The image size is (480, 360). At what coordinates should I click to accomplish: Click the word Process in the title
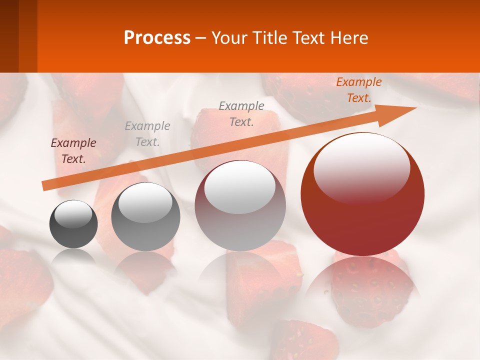point(157,38)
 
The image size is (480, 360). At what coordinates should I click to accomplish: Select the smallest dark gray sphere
point(73,230)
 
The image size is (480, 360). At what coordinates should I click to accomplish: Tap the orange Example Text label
point(359,90)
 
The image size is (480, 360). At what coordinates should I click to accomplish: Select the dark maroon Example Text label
point(73,151)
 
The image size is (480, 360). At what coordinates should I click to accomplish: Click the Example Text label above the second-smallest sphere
point(147,134)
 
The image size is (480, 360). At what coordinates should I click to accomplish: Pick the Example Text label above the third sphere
point(241,113)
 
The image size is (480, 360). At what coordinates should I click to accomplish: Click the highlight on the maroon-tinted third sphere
point(240,187)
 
